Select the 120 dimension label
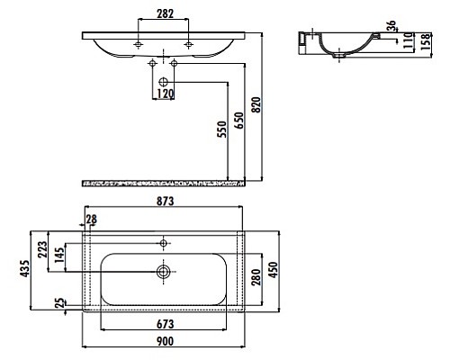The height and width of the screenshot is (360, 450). click(164, 93)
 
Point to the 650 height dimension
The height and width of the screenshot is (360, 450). click(239, 121)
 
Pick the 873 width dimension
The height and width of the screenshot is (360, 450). click(164, 201)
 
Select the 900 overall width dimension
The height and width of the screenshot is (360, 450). click(164, 341)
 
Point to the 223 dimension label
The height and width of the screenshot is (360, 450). click(40, 250)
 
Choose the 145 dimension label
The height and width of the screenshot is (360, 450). click(58, 257)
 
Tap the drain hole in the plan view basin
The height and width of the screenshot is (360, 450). click(163, 271)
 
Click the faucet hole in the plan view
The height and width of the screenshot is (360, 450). click(163, 242)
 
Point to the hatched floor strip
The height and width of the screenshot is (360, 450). click(163, 183)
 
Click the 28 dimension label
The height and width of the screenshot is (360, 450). click(92, 219)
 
